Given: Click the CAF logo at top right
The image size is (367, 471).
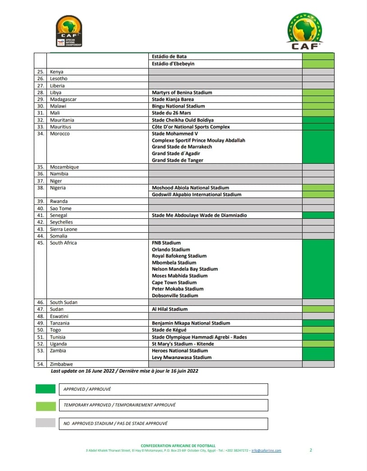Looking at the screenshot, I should [x=304, y=30].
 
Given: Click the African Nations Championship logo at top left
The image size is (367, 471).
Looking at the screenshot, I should [x=69, y=31].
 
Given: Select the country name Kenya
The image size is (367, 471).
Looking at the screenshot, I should [x=57, y=72].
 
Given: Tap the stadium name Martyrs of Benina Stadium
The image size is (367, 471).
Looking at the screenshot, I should [x=182, y=92].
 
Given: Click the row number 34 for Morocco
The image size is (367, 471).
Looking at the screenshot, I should [x=40, y=134].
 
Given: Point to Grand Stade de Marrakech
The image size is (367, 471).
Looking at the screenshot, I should [x=182, y=147].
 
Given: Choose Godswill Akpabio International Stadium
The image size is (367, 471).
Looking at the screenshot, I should [x=197, y=194].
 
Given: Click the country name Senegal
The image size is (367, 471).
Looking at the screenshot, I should [x=59, y=215].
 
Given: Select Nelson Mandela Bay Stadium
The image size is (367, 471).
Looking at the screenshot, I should [x=184, y=269].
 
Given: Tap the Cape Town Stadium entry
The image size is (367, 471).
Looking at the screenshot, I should [x=174, y=282].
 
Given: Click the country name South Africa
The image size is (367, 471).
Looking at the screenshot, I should [x=63, y=243].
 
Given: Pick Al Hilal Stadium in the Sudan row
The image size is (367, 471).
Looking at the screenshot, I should [x=170, y=309].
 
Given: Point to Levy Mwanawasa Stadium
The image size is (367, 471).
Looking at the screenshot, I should [x=181, y=357].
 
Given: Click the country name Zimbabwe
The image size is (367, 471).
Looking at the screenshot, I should [x=61, y=364].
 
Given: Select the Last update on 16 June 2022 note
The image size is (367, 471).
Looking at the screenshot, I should [x=124, y=371].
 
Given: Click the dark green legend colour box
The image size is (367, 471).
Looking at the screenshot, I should [x=46, y=389].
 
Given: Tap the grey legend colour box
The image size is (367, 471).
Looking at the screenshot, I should [x=46, y=423].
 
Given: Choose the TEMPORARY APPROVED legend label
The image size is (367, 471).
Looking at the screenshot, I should [x=119, y=405].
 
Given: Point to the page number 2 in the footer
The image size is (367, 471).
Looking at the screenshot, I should [x=311, y=450].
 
